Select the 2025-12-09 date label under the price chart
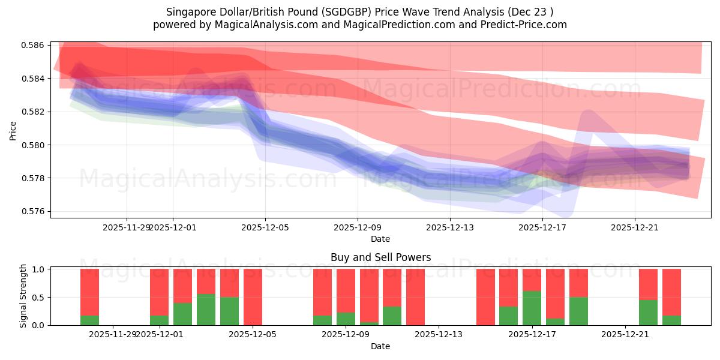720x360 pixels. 358,227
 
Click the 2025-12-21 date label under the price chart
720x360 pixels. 635,227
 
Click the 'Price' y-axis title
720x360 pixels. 13,130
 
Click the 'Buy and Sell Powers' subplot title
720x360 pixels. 380,257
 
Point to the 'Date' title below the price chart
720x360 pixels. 380,239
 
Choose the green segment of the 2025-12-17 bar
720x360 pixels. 532,308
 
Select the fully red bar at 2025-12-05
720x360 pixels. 253,297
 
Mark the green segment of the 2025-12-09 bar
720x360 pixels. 346,319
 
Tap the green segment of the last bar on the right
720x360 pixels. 671,320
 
